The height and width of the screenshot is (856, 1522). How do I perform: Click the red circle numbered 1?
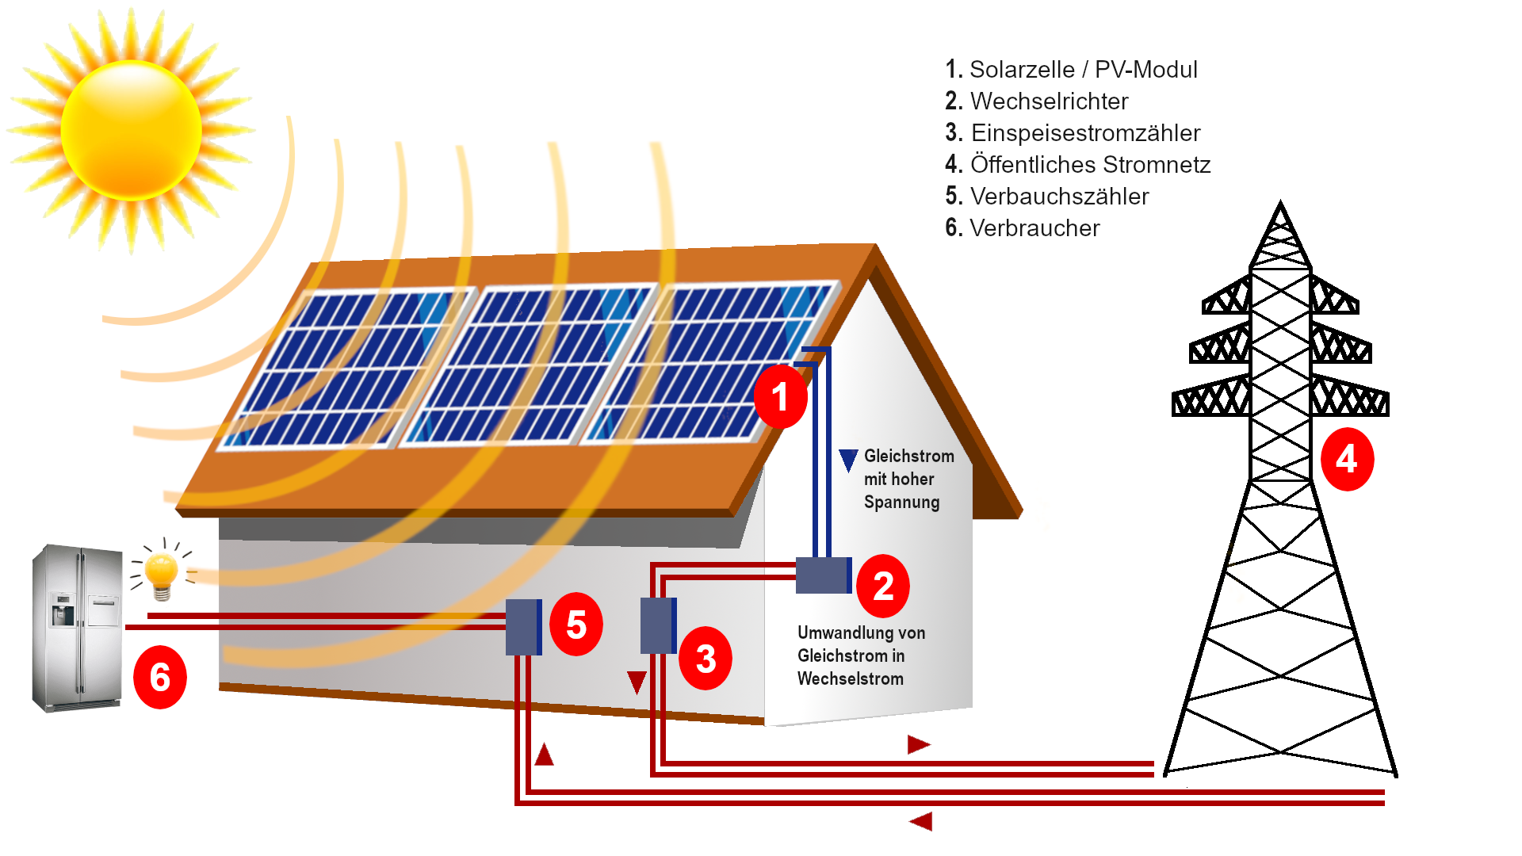pyautogui.click(x=780, y=396)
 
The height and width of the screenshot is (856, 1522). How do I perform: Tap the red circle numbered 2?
pyautogui.click(x=882, y=587)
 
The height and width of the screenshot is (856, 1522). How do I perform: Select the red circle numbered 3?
pyautogui.click(x=705, y=658)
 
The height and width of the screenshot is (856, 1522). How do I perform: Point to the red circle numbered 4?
pyautogui.click(x=1346, y=459)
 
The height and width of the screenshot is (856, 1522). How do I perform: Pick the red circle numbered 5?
pyautogui.click(x=576, y=625)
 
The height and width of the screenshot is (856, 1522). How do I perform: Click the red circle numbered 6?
pyautogui.click(x=159, y=677)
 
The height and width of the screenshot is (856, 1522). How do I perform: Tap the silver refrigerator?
pyautogui.click(x=77, y=627)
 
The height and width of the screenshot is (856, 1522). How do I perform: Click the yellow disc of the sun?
pyautogui.click(x=131, y=129)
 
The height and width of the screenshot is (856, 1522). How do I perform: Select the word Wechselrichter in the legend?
pyautogui.click(x=1049, y=101)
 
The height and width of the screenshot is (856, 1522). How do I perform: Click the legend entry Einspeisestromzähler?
pyautogui.click(x=1084, y=133)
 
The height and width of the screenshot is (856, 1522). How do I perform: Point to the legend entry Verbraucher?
pyautogui.click(x=1034, y=228)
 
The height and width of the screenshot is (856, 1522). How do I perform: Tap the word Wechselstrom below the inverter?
pyautogui.click(x=850, y=679)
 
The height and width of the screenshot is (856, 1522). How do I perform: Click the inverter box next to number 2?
pyautogui.click(x=823, y=575)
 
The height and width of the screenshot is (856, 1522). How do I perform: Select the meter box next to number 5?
pyautogui.click(x=523, y=627)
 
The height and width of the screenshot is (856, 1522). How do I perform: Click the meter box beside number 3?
pyautogui.click(x=658, y=625)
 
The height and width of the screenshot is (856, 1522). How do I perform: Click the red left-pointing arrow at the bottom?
pyautogui.click(x=921, y=821)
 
